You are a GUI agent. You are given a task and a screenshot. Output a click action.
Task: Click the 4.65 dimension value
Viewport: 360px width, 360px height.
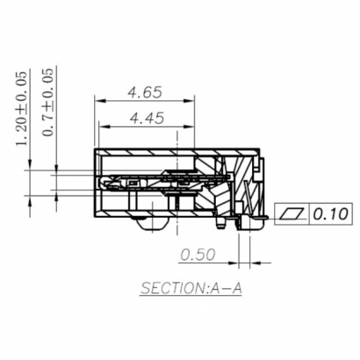pos(145,90)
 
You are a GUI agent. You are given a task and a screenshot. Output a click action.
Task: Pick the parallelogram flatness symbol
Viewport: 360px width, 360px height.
pos(292,213)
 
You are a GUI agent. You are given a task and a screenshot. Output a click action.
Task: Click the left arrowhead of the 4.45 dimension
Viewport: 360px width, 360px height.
pos(99,126)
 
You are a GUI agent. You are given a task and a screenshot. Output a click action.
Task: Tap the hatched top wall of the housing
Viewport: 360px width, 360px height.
pos(176,153)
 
